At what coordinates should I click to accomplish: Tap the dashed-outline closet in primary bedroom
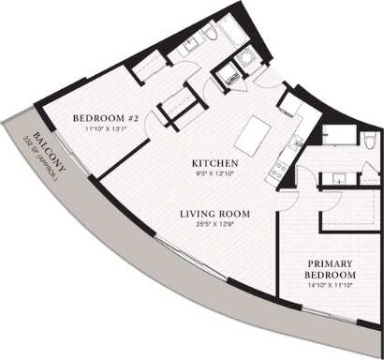click(350, 215)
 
